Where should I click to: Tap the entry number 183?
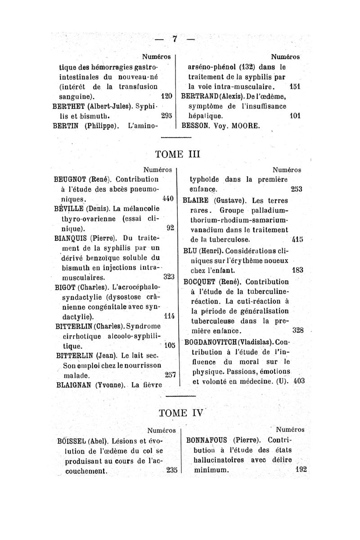tap(297, 270)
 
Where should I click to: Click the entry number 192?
tap(299, 469)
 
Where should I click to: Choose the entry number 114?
tap(167, 316)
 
